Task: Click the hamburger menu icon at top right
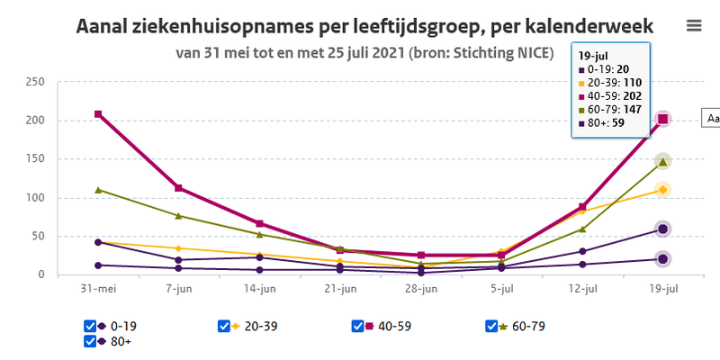[694, 25]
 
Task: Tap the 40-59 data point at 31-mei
[98, 114]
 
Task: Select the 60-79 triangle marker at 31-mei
[98, 190]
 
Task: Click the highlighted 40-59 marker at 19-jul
[662, 119]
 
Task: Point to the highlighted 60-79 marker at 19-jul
[662, 162]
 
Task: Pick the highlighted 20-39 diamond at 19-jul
[662, 190]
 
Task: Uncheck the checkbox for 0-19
[90, 326]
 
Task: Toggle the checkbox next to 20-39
[224, 326]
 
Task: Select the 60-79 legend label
[527, 326]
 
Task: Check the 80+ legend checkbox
[90, 341]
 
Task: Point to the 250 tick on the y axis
[35, 82]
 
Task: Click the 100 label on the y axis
[35, 198]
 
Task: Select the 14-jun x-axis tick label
[259, 289]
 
